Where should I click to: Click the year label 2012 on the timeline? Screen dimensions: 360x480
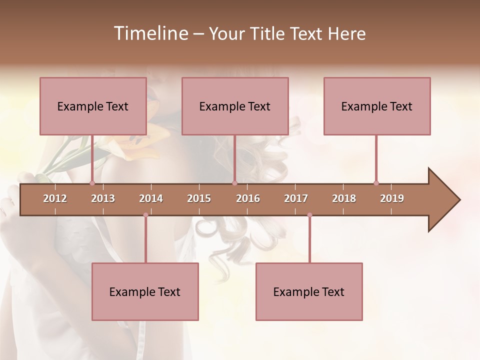coord(55,198)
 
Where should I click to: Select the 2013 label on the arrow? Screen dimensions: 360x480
coord(103,198)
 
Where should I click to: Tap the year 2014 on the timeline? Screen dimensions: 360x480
coord(151,198)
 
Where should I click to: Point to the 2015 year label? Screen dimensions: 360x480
coord(199,198)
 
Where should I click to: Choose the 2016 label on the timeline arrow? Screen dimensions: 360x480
coord(248,198)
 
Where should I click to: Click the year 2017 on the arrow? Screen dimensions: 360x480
coord(296,198)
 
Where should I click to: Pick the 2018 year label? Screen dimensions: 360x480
coord(344,198)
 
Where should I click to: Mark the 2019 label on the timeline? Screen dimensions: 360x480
coord(392,198)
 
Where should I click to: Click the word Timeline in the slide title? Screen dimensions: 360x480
coord(150,33)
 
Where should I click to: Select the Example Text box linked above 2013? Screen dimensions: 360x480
coord(93,106)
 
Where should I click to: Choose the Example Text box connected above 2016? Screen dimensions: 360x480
coord(235,106)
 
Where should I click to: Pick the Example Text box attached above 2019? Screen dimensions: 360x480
coord(377,106)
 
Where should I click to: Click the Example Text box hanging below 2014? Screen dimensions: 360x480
coord(145,291)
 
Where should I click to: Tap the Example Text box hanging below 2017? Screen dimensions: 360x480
coord(309,291)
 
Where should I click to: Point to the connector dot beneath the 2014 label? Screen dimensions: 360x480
coord(145,215)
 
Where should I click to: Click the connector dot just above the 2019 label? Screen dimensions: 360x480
coord(376,183)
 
